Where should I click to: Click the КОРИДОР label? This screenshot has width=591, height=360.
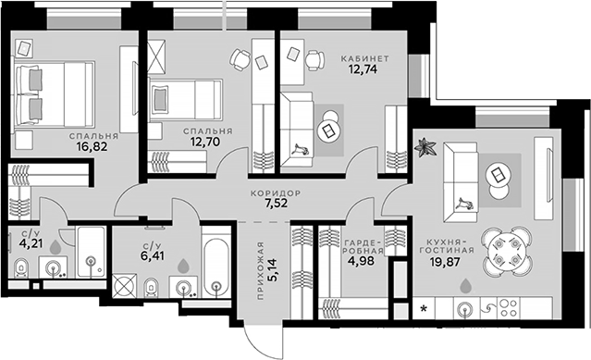tap(273, 193)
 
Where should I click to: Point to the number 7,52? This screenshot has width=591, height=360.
tap(273, 206)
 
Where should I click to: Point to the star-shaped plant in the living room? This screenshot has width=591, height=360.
tap(426, 146)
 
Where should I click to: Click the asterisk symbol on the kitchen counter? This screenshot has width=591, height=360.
tap(425, 308)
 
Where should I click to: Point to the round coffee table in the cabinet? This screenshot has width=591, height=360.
tap(329, 130)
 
